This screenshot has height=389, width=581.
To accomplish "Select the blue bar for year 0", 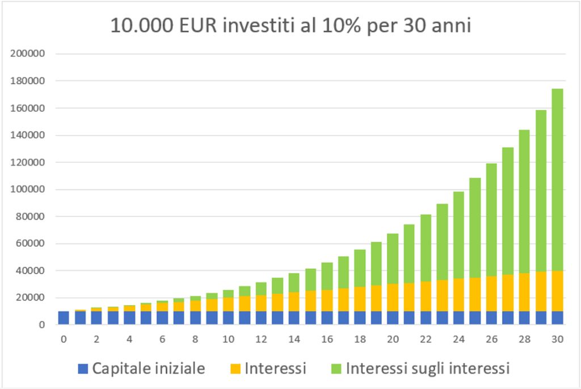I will pos(64,318).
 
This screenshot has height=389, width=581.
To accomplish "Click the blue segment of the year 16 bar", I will pos(327,318).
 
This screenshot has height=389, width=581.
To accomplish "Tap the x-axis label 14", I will pos(294,340).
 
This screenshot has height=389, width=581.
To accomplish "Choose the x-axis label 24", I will pos(458,340).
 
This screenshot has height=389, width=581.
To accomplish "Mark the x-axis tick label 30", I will pos(557,340).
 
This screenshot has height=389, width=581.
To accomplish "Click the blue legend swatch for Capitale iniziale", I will pos(83,369).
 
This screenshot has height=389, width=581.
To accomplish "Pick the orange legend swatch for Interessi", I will pos(235,369).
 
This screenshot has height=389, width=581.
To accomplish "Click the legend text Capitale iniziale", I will pos(148,369).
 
